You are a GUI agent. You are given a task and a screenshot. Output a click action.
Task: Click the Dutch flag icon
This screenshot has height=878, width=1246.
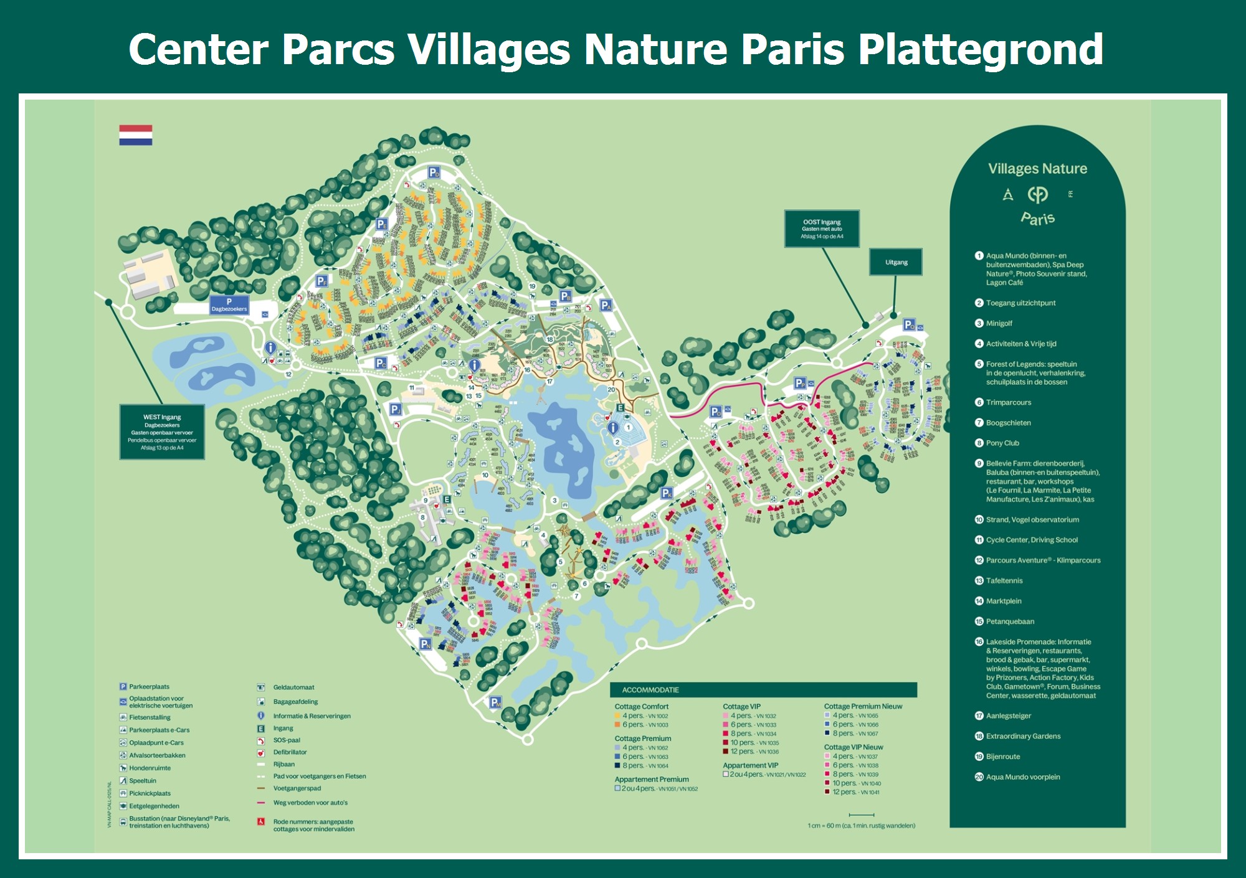(136, 135)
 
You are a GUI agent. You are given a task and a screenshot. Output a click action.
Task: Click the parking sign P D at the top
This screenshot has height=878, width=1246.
(434, 172)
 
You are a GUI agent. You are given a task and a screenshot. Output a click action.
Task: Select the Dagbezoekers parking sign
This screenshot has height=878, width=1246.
(229, 305)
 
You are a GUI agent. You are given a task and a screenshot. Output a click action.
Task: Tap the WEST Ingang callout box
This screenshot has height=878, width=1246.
(162, 432)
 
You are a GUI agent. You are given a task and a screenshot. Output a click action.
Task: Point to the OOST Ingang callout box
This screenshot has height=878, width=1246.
(822, 229)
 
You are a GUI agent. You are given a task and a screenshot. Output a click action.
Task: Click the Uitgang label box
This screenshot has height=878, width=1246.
(896, 262)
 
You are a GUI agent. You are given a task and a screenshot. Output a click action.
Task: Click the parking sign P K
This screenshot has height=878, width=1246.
(667, 493)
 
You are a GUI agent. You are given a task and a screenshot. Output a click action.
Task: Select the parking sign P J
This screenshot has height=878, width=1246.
(396, 409)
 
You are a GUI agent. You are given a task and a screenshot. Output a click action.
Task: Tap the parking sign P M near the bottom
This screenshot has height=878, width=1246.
(495, 702)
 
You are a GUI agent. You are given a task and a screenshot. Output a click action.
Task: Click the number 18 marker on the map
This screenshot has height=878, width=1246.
(549, 339)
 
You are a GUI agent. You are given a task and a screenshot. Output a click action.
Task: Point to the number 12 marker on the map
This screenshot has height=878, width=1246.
(288, 374)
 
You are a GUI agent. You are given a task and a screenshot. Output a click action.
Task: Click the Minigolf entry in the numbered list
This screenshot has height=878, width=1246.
(999, 323)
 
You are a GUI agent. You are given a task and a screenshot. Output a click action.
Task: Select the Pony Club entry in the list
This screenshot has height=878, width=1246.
(1002, 443)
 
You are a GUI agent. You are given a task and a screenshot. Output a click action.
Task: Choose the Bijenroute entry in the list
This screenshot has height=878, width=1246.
(1003, 757)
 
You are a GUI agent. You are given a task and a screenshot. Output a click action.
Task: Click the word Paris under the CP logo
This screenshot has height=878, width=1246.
(1037, 218)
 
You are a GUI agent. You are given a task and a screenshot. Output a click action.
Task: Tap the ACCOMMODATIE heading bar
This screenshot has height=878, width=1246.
(763, 690)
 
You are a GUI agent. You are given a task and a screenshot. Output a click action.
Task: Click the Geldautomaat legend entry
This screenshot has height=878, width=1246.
(293, 687)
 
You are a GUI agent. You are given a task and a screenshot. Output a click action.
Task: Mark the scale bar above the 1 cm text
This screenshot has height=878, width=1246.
(862, 815)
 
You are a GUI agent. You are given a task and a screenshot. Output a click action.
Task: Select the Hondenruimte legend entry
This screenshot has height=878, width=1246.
(150, 768)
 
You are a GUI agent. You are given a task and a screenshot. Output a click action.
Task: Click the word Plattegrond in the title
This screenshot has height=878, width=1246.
(981, 49)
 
